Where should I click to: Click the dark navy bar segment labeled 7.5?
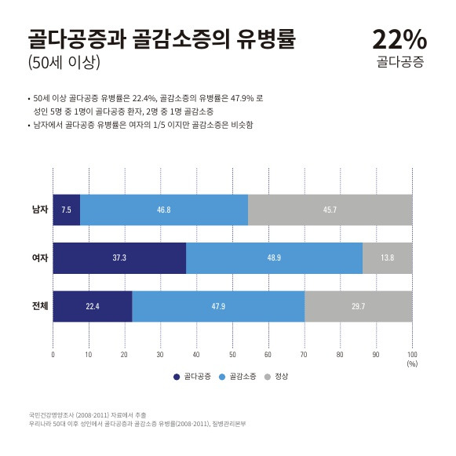(x=67, y=210)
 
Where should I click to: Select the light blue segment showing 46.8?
(x=164, y=210)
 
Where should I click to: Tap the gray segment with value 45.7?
(x=330, y=210)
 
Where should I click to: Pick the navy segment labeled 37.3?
(x=119, y=258)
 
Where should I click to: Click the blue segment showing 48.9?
(x=274, y=258)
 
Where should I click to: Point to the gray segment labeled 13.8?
(x=388, y=258)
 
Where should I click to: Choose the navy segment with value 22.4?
(x=93, y=307)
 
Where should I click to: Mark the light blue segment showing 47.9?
(x=218, y=307)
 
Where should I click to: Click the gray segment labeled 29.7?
(x=359, y=307)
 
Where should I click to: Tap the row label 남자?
(x=40, y=210)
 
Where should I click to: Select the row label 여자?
(x=40, y=257)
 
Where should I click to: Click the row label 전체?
(x=40, y=306)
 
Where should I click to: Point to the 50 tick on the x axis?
(x=232, y=355)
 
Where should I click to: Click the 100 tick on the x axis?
(x=412, y=355)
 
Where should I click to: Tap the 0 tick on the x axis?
(x=53, y=355)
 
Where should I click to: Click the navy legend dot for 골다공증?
(x=177, y=377)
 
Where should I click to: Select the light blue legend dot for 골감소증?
(x=222, y=377)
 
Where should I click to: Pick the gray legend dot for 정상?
(x=268, y=377)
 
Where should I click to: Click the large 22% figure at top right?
(x=399, y=39)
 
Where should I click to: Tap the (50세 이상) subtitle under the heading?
(x=64, y=62)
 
